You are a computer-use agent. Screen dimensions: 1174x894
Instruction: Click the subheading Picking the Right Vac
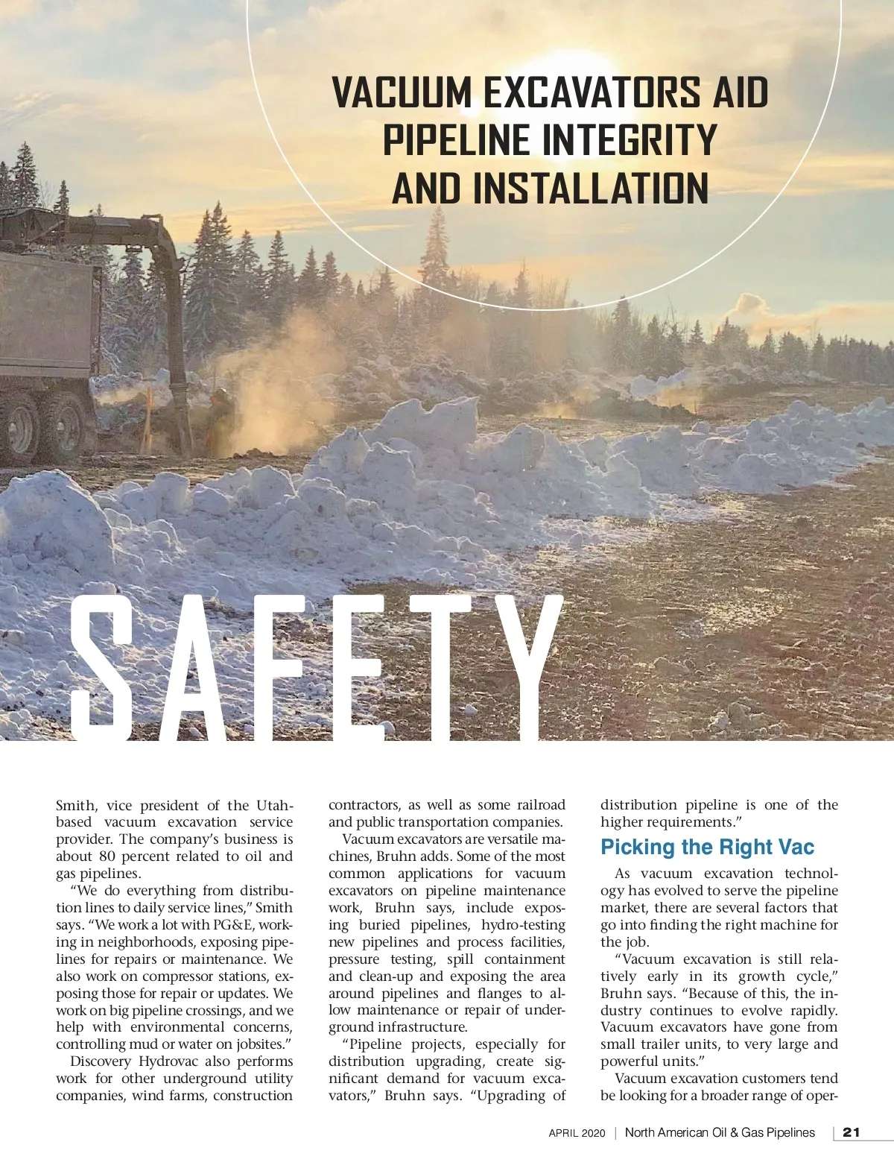tap(707, 848)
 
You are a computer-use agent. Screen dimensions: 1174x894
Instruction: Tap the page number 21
tap(851, 1132)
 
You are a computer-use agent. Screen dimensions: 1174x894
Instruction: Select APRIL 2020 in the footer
tap(577, 1133)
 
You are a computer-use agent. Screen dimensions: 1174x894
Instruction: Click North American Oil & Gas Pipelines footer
tap(720, 1132)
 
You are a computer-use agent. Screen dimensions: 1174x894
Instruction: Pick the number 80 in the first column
tap(107, 856)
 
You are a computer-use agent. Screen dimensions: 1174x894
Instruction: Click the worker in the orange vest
tap(221, 421)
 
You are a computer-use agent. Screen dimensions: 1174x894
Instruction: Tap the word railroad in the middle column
tap(541, 805)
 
